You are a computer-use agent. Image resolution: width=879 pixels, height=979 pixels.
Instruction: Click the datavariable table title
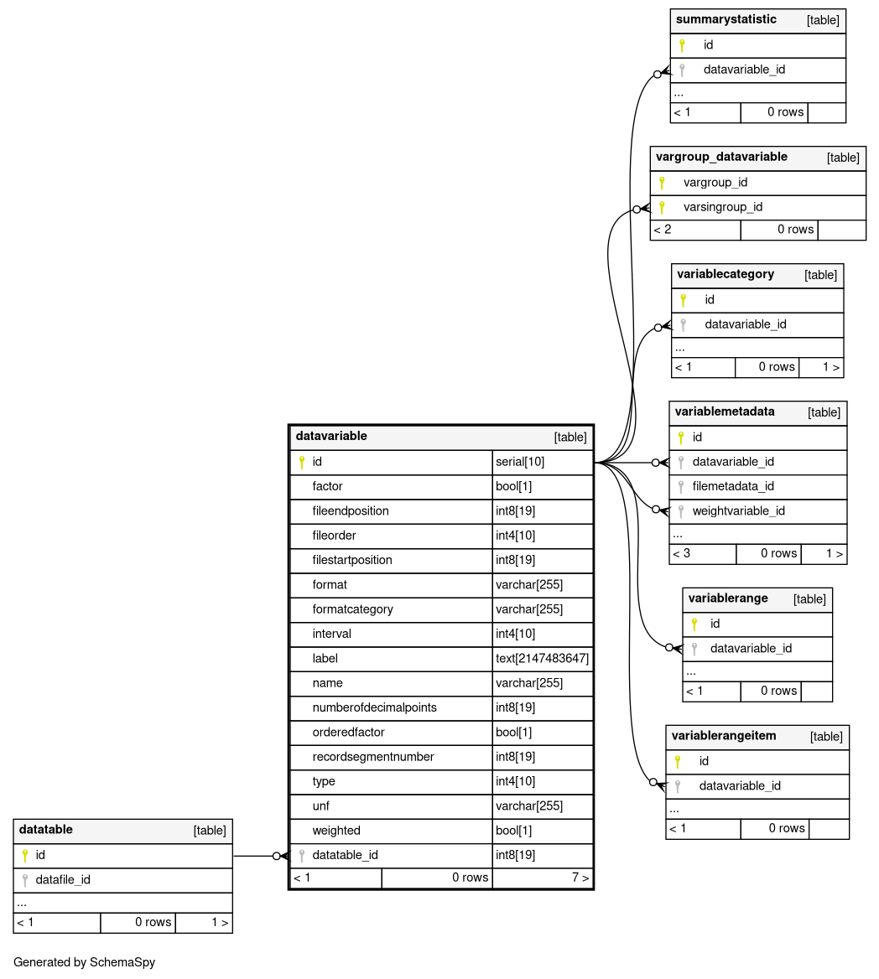(330, 436)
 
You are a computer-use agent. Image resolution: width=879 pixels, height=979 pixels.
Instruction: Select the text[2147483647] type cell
(542, 659)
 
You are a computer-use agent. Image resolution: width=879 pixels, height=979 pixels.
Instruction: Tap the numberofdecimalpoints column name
(374, 707)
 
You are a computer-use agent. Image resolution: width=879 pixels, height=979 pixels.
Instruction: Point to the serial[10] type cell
(520, 462)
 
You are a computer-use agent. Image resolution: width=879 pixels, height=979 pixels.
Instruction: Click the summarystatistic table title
(726, 19)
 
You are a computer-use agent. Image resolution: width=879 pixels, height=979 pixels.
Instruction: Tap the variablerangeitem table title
(724, 736)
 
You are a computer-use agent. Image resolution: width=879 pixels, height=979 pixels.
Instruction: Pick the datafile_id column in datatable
(63, 880)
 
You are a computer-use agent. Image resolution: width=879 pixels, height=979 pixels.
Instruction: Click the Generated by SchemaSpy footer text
(84, 962)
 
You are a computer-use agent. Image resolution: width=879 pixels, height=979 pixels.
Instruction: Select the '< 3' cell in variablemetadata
(681, 553)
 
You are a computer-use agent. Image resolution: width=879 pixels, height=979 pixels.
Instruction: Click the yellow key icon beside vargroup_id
(662, 183)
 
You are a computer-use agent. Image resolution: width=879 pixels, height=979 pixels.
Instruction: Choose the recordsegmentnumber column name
(373, 757)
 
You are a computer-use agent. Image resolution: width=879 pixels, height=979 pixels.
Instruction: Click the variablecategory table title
(725, 274)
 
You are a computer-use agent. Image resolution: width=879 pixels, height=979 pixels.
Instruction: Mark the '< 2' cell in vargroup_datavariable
(663, 230)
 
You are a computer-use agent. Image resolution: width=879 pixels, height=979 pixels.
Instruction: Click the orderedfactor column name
(348, 733)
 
